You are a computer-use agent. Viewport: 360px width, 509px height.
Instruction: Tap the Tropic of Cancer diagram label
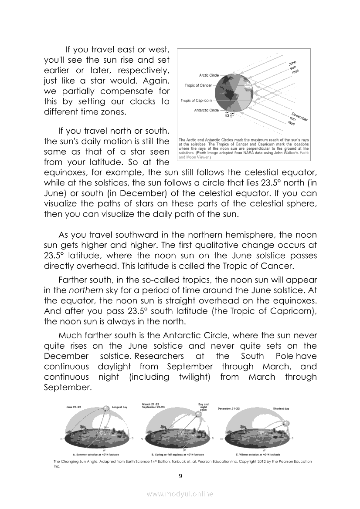pyautogui.click(x=198, y=85)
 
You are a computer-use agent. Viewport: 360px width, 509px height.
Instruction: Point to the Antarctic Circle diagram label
pyautogui.click(x=206, y=110)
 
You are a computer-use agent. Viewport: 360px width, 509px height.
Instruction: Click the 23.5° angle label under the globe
pyautogui.click(x=229, y=116)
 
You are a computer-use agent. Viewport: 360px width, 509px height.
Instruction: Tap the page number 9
pyautogui.click(x=180, y=476)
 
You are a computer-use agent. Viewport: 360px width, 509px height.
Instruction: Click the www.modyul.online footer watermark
pyautogui.click(x=180, y=494)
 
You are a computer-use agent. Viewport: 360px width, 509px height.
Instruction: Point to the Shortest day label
pyautogui.click(x=281, y=409)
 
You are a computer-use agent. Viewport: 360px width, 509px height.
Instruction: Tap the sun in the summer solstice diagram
pyautogui.click(x=106, y=408)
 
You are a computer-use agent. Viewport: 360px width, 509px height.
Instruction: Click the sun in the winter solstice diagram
pyautogui.click(x=287, y=423)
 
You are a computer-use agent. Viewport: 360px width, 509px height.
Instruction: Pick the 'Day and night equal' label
pyautogui.click(x=204, y=407)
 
